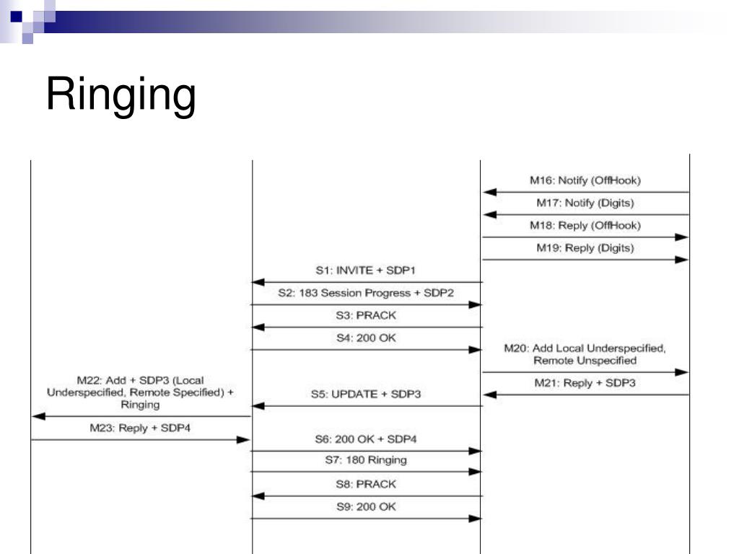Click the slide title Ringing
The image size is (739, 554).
click(121, 94)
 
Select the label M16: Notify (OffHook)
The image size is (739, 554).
click(585, 180)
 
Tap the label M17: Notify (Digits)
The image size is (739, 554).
click(585, 203)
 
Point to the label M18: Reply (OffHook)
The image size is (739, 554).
click(585, 225)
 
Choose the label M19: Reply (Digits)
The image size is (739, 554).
click(585, 248)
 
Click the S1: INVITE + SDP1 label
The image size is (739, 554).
click(366, 271)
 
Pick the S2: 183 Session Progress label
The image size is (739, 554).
click(366, 294)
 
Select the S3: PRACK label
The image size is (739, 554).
click(366, 316)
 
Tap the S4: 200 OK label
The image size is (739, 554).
click(366, 338)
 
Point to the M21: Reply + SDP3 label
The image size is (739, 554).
click(585, 383)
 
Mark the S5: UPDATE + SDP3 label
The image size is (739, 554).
click(366, 394)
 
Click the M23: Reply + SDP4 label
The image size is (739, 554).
click(140, 428)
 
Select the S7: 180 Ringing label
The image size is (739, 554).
click(366, 460)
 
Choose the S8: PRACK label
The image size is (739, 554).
click(366, 484)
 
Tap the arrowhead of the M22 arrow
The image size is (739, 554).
click(38, 416)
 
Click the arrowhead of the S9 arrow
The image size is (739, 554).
click(475, 518)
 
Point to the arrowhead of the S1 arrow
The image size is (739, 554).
click(258, 282)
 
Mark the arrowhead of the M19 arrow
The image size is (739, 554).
click(682, 260)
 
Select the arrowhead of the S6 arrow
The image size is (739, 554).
click(475, 451)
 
